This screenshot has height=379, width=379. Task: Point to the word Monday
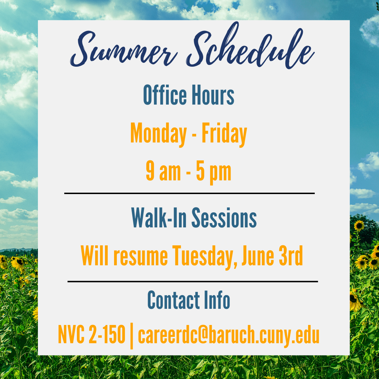click(159, 134)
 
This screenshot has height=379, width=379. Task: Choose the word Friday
click(224, 134)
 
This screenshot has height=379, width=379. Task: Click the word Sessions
click(224, 218)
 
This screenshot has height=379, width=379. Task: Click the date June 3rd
click(272, 255)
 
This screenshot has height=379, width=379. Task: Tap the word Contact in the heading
click(174, 300)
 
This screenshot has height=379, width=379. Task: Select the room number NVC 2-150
click(92, 334)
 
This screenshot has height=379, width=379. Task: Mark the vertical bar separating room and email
click(132, 335)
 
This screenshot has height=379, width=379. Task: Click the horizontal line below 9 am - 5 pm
click(189, 193)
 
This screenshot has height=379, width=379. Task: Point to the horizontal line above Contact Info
click(193, 281)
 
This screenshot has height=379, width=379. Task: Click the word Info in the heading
click(217, 300)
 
